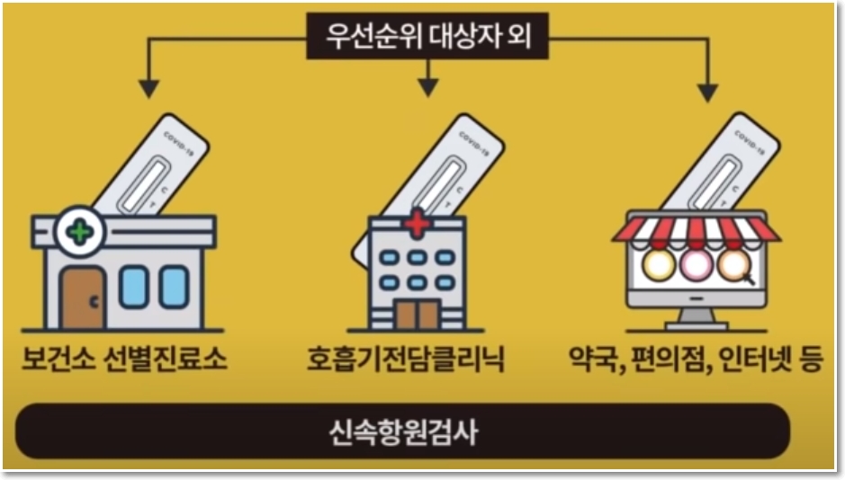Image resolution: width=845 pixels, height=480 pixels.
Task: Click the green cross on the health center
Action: pyautogui.click(x=81, y=232)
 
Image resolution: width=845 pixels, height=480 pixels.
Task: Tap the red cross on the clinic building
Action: pyautogui.click(x=418, y=222)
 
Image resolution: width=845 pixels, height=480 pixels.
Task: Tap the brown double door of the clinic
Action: pyautogui.click(x=416, y=313)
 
